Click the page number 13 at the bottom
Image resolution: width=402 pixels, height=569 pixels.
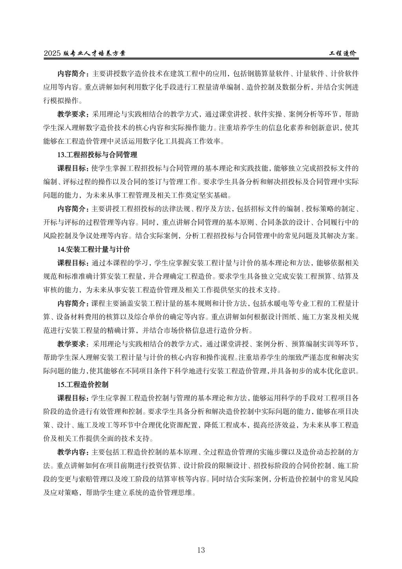pos(201,550)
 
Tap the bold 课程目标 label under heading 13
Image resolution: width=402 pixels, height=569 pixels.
pos(73,169)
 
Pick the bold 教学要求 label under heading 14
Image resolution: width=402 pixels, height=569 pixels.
pos(73,344)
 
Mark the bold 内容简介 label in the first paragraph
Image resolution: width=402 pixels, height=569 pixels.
pos(73,74)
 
